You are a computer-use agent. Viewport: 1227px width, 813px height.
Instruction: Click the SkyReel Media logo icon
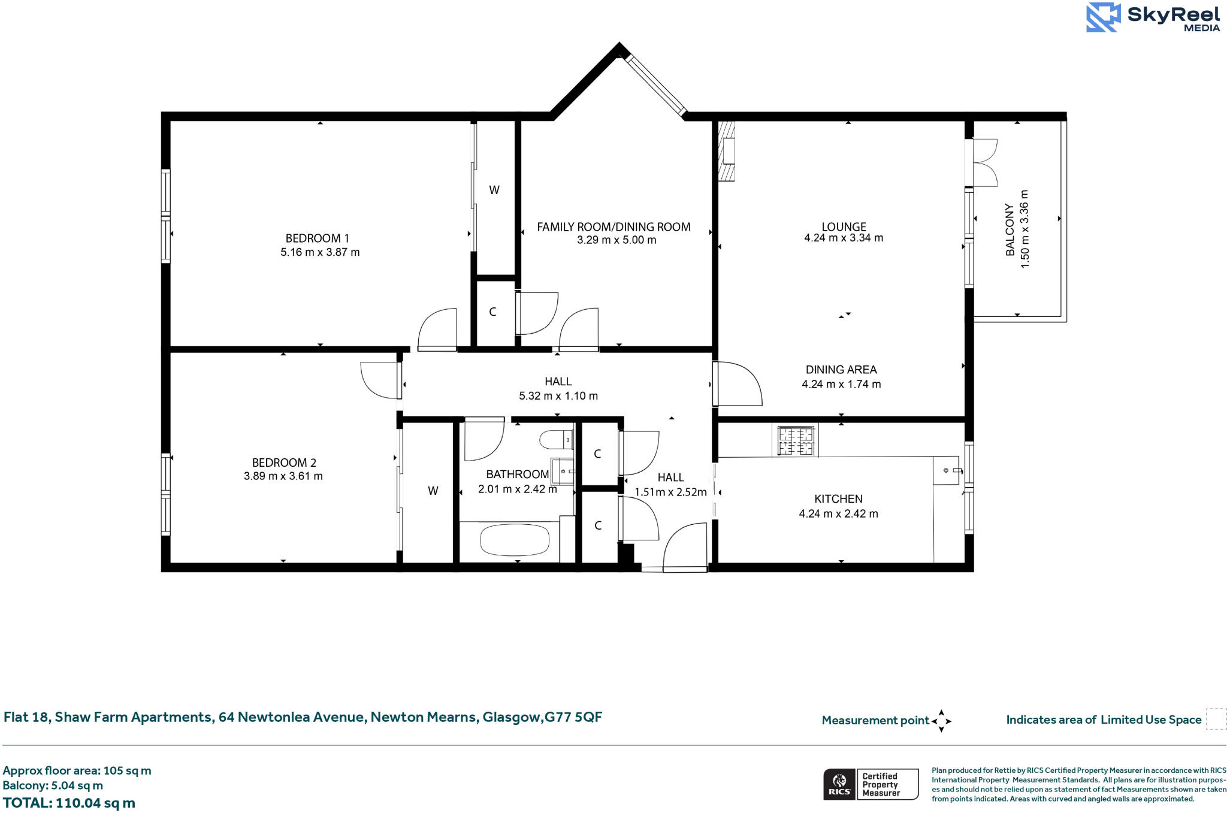coord(1102,17)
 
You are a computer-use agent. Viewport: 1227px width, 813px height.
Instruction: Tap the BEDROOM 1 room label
coord(317,238)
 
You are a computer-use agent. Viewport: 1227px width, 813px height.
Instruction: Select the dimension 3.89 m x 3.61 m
coord(283,476)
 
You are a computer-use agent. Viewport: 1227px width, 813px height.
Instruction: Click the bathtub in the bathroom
coord(514,540)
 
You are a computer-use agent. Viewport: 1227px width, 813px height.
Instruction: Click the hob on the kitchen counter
coord(796,441)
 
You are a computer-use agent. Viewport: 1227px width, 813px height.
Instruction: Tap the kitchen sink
coord(947,471)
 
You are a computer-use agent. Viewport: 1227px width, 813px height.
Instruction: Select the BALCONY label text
coord(1010,229)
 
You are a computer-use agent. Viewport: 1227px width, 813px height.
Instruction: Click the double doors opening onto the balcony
coord(984,163)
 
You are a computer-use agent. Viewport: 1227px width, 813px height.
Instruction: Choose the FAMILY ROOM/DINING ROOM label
coord(613,227)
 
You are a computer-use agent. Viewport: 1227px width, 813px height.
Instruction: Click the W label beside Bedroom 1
coord(494,191)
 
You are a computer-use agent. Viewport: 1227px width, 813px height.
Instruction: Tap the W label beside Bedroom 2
coord(433,491)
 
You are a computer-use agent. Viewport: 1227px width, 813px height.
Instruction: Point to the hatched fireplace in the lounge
coord(727,152)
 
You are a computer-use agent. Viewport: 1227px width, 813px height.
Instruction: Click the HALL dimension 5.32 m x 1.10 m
coord(558,396)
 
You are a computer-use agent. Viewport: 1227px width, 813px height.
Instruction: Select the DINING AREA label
coord(841,370)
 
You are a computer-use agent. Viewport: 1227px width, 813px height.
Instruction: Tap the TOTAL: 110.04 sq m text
coord(69,803)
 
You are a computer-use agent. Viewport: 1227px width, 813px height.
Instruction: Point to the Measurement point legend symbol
coord(941,721)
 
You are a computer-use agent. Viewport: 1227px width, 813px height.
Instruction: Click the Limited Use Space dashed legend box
coord(1216,719)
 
